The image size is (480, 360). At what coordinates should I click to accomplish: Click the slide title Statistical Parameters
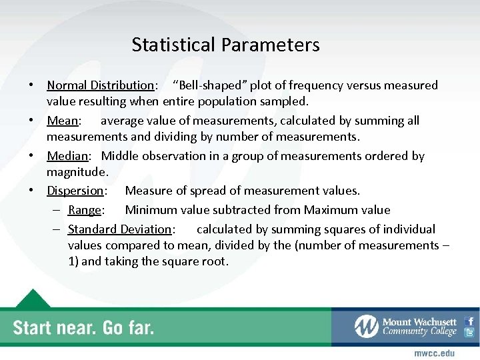click(225, 45)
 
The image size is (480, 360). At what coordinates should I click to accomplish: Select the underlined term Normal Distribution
click(100, 85)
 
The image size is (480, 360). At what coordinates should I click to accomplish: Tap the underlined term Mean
click(62, 121)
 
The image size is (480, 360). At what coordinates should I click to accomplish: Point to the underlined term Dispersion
click(75, 191)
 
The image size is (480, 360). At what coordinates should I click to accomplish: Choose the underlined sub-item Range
click(84, 210)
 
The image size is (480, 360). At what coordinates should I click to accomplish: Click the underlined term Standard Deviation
click(119, 229)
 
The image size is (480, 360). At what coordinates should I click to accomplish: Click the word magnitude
click(76, 172)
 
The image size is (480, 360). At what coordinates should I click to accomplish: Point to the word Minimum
click(151, 210)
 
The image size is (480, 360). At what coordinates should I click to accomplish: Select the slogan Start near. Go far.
click(84, 327)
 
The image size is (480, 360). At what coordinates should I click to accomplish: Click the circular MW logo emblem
click(366, 326)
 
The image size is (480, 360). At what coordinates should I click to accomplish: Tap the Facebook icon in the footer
click(469, 321)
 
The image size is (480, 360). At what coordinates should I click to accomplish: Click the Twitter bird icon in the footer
click(469, 333)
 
